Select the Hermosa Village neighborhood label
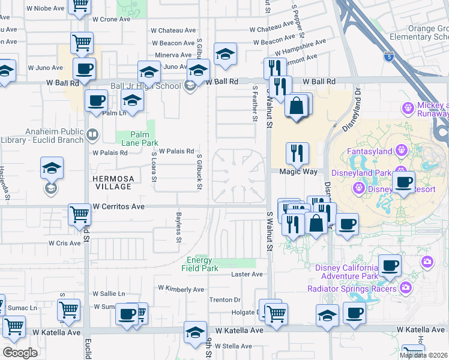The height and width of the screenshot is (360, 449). (x=112, y=182)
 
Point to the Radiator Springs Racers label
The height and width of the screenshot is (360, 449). (x=352, y=289)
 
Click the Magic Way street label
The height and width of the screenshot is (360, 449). (x=298, y=172)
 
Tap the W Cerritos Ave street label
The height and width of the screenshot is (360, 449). (x=119, y=206)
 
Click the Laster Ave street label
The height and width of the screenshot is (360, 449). (x=247, y=274)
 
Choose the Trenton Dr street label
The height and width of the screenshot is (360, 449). (x=224, y=300)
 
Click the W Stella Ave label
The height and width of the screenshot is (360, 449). (x=234, y=346)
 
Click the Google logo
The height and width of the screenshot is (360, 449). (x=20, y=353)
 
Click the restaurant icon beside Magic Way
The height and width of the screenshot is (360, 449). (x=297, y=154)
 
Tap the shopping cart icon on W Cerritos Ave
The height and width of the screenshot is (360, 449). (x=79, y=214)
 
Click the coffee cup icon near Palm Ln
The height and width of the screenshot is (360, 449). (x=96, y=101)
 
